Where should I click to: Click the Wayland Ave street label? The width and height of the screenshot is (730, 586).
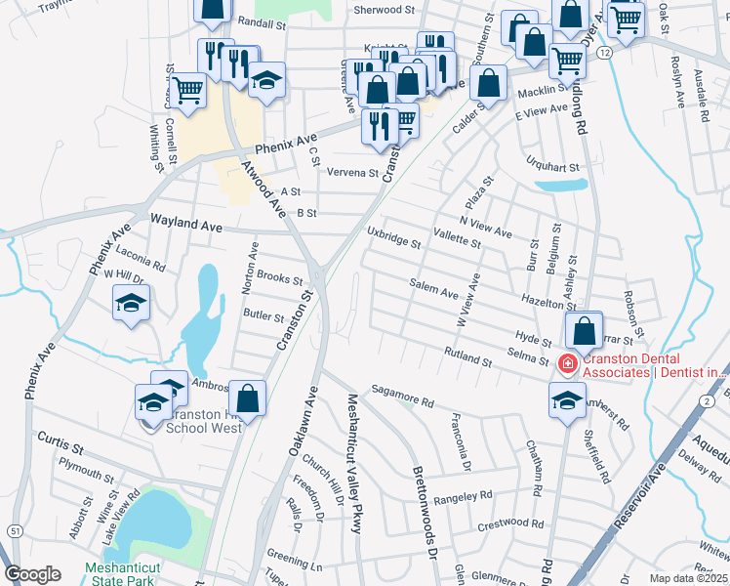coord(184,225)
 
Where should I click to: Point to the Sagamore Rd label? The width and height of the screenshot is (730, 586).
coord(401,400)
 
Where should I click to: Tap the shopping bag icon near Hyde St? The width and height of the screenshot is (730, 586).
coord(584,332)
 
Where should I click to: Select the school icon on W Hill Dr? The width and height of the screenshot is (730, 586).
coord(130,304)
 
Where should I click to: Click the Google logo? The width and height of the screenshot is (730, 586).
coord(32,574)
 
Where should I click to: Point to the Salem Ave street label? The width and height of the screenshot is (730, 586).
coord(434,293)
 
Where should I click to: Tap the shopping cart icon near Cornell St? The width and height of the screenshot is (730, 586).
coord(188,91)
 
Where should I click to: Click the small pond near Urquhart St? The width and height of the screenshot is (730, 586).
coord(561,185)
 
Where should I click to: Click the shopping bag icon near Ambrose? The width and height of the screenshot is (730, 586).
coord(248,398)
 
